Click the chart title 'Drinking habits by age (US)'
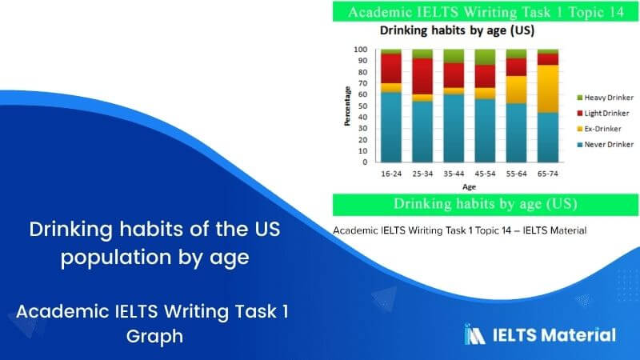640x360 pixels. pos(457,31)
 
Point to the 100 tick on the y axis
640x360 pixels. pos(361,50)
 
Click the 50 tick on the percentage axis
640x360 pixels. pos(362,106)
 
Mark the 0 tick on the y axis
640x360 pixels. pos(365,162)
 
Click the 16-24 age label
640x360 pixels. pos(390,172)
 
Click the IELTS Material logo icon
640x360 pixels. pos(475,334)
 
